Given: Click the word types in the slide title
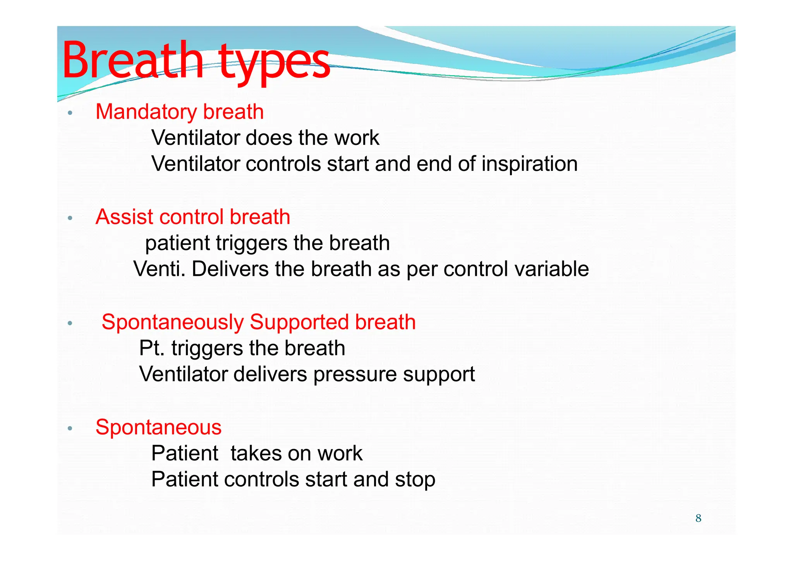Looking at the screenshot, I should (x=274, y=62).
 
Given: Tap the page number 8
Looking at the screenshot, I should (x=698, y=518).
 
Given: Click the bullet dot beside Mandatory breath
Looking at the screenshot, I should (x=70, y=113).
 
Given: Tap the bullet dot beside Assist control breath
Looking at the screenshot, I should (x=70, y=218).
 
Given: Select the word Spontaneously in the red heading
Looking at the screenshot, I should (x=173, y=322).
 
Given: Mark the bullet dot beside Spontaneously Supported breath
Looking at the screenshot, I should (x=70, y=323).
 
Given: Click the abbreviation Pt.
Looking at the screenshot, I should (x=152, y=348).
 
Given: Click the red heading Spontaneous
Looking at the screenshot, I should (x=158, y=427).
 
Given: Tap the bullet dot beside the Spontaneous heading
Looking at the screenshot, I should (x=70, y=428).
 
